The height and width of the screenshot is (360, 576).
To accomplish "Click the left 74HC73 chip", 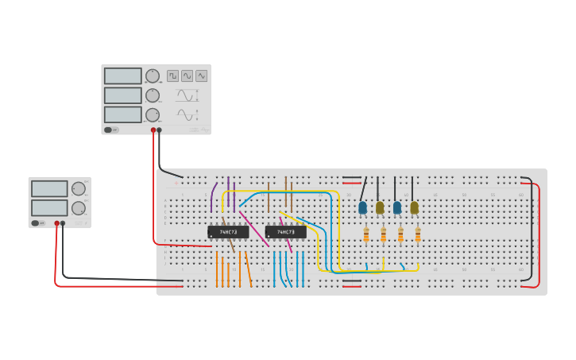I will tap(228, 232).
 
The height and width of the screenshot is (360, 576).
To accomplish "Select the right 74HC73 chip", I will tap(285, 232).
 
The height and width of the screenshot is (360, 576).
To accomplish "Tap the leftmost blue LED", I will tap(362, 207).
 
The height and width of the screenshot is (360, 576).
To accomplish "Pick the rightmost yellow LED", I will tap(414, 207).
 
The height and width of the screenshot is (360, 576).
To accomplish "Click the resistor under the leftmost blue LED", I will tap(365, 235).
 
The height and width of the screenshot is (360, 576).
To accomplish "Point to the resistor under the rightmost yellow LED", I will tap(418, 235).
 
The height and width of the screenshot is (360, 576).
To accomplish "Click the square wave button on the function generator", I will tap(172, 75).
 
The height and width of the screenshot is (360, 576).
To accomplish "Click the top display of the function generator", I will tap(122, 76).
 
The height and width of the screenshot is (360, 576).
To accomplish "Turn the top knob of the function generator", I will tap(152, 76).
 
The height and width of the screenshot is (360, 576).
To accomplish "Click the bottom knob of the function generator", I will tap(152, 114).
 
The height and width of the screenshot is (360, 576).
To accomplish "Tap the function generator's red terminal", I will tap(153, 130).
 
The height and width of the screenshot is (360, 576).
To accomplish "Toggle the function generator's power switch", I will tap(110, 130).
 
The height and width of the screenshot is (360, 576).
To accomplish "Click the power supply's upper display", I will tap(49, 189).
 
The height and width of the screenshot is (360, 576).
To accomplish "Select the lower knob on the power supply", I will tap(79, 208).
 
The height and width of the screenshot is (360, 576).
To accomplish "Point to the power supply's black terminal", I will tap(63, 223).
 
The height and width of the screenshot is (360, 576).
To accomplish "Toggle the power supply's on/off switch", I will tap(37, 223).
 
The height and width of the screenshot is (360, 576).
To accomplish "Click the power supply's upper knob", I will tap(79, 189).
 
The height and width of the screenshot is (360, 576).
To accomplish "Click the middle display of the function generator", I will tap(122, 95).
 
